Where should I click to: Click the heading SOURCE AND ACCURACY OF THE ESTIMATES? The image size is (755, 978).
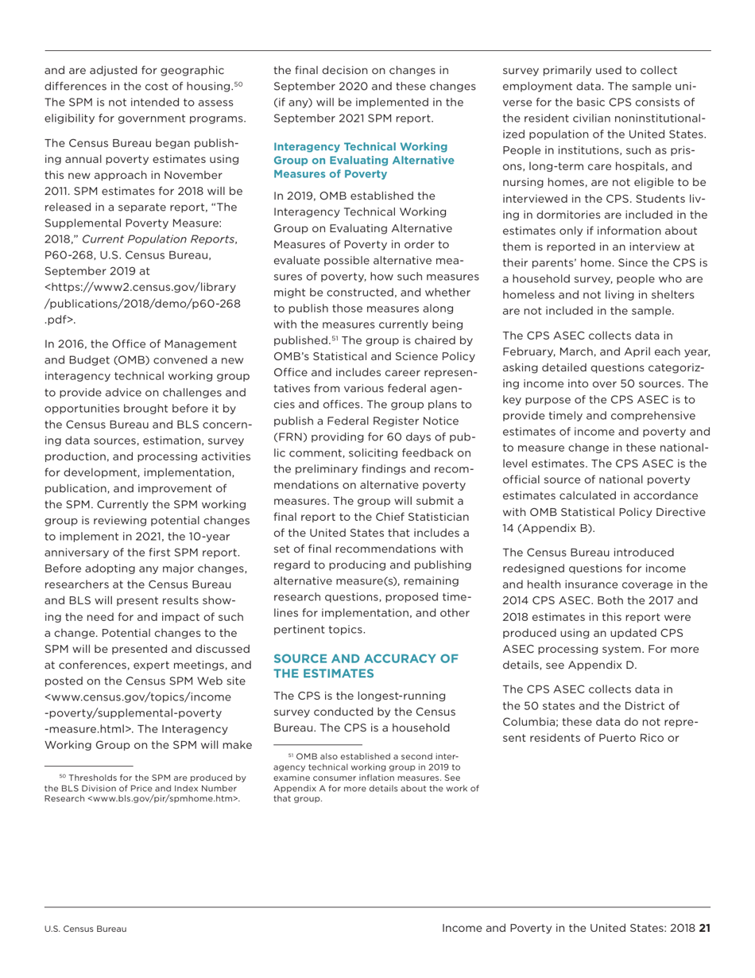[x=366, y=666]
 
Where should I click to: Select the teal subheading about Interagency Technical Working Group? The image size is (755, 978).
[x=360, y=160]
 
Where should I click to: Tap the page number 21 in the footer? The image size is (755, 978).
[x=703, y=927]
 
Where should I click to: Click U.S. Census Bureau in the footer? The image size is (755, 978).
[x=86, y=928]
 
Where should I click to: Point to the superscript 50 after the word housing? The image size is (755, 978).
[x=237, y=83]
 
